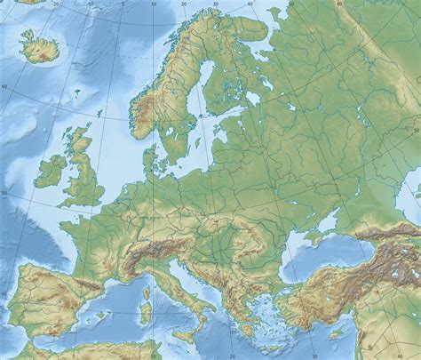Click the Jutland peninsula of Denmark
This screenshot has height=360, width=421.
point(152,159)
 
